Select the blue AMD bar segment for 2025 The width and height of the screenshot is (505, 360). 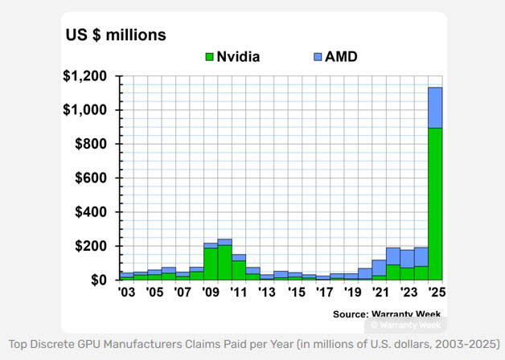[434, 108]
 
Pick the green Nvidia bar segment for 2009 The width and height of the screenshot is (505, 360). [210, 264]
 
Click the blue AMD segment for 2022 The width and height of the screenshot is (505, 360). [393, 256]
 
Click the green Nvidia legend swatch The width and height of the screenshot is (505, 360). [210, 57]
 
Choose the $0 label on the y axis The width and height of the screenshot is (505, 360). [98, 280]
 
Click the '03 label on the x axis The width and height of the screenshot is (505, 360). [126, 293]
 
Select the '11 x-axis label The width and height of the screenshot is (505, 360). [239, 293]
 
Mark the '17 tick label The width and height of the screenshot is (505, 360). [322, 293]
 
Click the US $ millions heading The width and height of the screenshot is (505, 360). [116, 35]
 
